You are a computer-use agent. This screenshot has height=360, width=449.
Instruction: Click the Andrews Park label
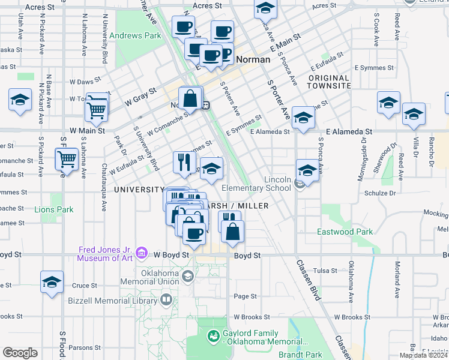(x=135, y=35)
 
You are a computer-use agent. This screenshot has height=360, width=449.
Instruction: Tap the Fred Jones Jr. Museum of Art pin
(x=142, y=253)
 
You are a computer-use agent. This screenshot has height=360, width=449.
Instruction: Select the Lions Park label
(x=54, y=210)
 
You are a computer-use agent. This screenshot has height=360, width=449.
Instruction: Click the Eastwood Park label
(x=345, y=232)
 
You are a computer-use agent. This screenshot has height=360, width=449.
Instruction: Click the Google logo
(x=20, y=352)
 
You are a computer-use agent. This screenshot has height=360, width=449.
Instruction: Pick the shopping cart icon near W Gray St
(x=96, y=107)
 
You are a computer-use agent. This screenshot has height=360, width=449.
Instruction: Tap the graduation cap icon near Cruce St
(x=52, y=282)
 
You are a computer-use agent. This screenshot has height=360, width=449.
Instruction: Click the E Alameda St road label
(x=349, y=131)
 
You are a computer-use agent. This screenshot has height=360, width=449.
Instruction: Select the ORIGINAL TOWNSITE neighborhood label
(x=329, y=82)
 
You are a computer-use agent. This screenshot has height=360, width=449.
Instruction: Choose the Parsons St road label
(x=85, y=347)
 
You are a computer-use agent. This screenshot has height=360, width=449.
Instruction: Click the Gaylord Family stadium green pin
(x=212, y=337)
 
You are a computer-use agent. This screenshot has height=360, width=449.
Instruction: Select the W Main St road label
(x=87, y=130)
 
